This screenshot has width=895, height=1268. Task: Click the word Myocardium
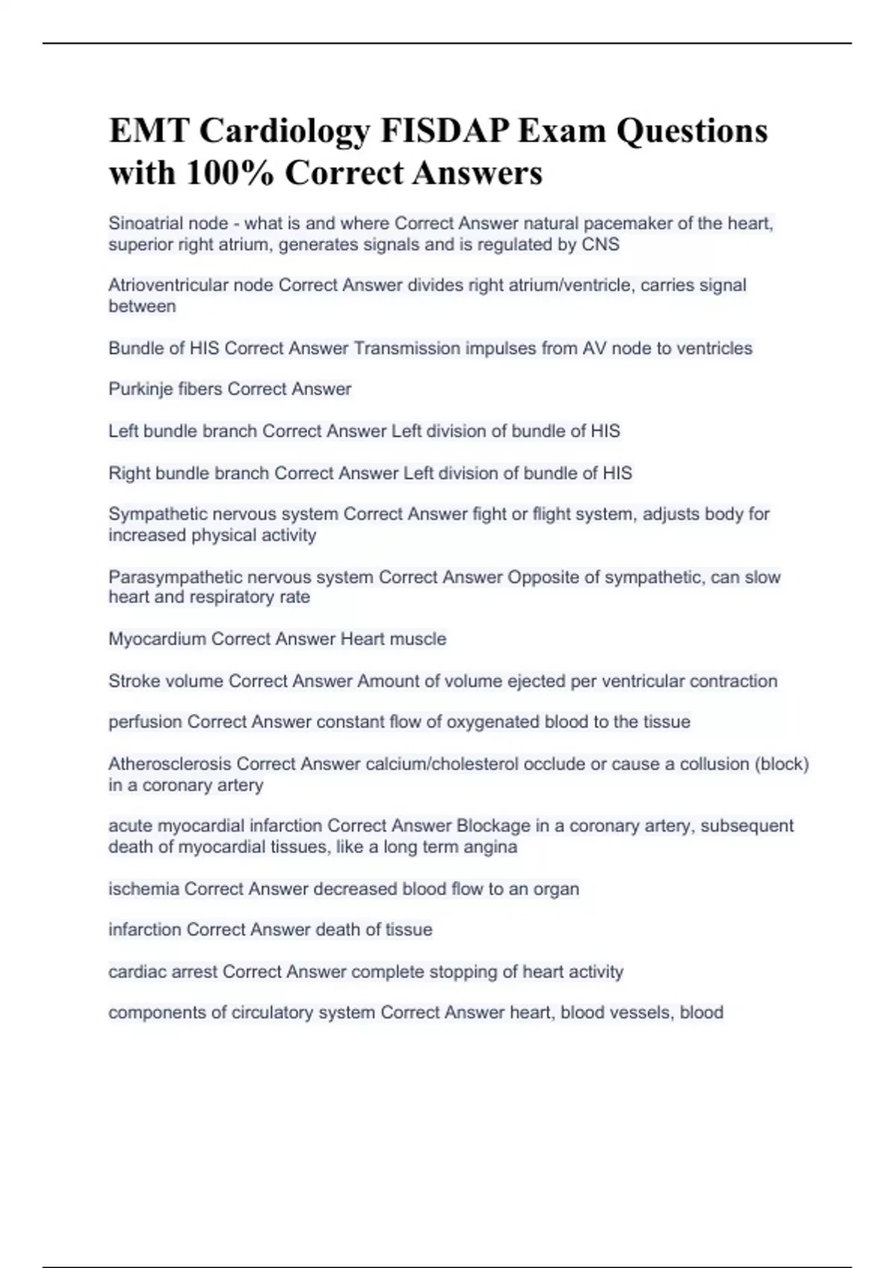pyautogui.click(x=157, y=639)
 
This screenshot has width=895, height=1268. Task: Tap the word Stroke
pyautogui.click(x=128, y=681)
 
